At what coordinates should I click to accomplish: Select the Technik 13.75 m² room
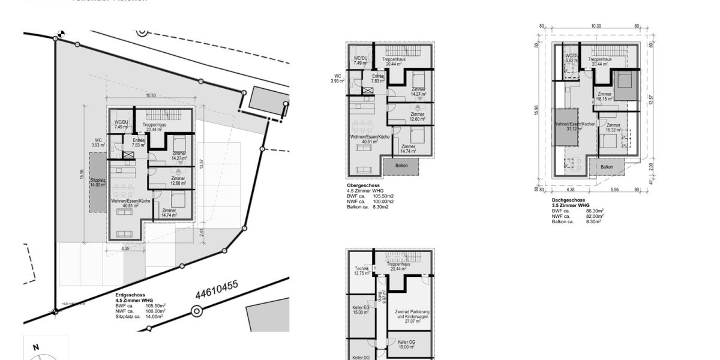(x=361, y=271)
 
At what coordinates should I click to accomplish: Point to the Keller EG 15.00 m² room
(x=361, y=310)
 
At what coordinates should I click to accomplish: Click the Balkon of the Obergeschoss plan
(x=401, y=165)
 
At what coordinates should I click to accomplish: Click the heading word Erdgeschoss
(x=130, y=296)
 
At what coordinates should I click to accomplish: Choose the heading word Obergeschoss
(x=362, y=185)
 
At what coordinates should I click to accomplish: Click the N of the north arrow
(x=36, y=347)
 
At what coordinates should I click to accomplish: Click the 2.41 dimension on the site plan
(x=202, y=232)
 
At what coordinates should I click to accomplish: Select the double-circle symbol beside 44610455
(x=196, y=311)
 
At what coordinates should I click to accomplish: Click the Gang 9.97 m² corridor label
(x=380, y=295)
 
